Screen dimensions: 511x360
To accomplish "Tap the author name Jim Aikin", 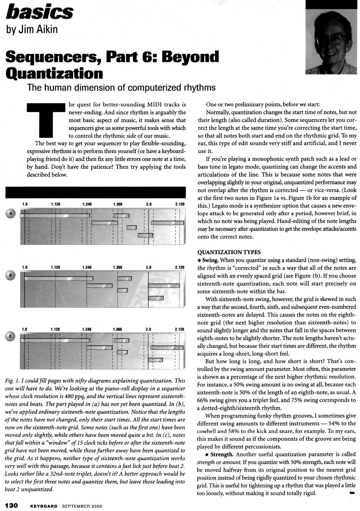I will point(32,29).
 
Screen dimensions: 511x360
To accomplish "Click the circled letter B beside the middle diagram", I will point(10,275).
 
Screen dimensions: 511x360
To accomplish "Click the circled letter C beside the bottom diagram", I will point(10,336).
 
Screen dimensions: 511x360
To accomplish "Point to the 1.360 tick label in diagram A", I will point(118,204).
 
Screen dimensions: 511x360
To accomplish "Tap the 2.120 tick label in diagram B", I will point(180,267).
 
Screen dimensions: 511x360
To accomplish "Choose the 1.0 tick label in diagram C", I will point(25,329).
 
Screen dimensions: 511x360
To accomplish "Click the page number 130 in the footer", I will point(13,506).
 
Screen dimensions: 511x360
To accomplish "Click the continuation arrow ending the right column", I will point(352,493).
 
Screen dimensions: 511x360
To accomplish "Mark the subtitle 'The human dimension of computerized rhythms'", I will point(121,88).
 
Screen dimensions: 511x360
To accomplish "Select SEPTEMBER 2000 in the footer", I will point(82,506).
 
